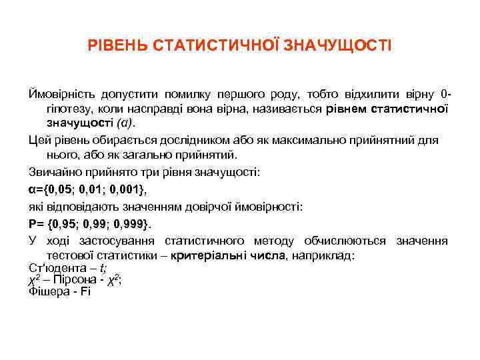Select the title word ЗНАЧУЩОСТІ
tap(337, 46)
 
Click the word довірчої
tap(225, 206)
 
